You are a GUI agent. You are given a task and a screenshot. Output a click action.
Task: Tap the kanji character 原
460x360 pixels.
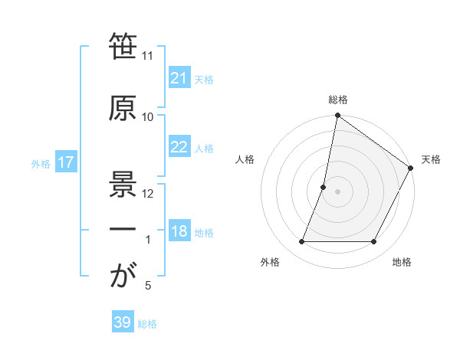tap(123, 108)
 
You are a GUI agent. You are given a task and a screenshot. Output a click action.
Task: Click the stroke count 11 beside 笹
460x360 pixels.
tap(148, 57)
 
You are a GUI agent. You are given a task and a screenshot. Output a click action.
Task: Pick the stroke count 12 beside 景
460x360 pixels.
tap(148, 193)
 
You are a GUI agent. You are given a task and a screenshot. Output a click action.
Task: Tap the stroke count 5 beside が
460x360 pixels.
tap(148, 286)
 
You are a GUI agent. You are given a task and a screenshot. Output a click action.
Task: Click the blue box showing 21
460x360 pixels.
tap(179, 78)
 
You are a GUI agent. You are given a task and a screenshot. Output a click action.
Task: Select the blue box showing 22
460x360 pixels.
tap(179, 148)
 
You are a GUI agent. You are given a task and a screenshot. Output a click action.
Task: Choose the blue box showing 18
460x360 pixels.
tap(179, 232)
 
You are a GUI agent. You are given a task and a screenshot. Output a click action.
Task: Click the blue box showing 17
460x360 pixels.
tap(65, 163)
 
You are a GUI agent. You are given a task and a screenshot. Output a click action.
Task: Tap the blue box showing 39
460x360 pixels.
tap(122, 322)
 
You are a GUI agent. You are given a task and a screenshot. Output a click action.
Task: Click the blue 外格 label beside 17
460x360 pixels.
tap(41, 164)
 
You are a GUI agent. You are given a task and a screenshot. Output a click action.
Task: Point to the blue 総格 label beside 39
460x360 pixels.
tap(147, 324)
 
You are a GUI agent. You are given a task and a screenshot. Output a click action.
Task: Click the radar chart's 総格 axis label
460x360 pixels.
tap(337, 100)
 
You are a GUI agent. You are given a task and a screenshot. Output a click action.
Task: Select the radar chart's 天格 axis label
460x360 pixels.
tap(431, 159)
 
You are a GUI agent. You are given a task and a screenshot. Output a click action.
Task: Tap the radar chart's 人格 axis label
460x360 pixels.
tap(245, 159)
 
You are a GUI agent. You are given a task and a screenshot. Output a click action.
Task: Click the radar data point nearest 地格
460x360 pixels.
tap(374, 242)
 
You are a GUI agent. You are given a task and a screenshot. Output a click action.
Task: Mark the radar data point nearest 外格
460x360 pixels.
tap(301, 242)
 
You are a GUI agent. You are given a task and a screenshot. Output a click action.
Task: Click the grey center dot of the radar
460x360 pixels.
tap(337, 191)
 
